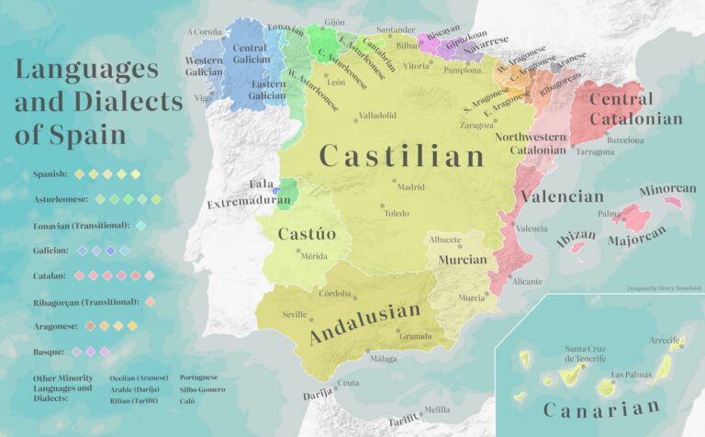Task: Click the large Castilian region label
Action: [401, 156]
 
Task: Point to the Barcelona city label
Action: [625, 140]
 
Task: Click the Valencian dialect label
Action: [562, 196]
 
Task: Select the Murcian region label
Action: [463, 260]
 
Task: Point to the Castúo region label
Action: [307, 234]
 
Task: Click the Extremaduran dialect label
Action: [241, 203]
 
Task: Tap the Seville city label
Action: [295, 314]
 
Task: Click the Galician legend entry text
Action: [50, 250]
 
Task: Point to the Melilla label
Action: [437, 409]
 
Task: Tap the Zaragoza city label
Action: [476, 125]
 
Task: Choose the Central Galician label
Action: [250, 53]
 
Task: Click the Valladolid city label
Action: [377, 116]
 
